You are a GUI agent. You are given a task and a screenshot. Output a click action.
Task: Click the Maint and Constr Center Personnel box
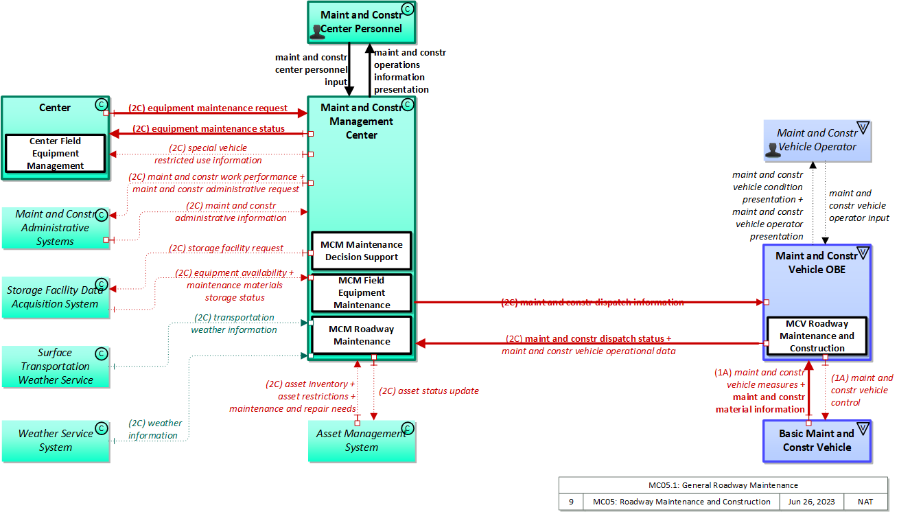coord(361,21)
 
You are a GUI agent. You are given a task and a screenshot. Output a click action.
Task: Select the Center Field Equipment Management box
coord(55,153)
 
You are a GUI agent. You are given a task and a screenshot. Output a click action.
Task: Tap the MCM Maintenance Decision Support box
coord(362,251)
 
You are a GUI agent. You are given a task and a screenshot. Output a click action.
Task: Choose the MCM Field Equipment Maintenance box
coord(362,293)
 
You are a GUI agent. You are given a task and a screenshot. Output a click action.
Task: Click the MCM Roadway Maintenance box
coord(362,335)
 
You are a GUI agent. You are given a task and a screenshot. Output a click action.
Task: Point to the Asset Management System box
coord(362,441)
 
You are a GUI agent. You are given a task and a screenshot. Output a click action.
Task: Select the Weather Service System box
coord(55,441)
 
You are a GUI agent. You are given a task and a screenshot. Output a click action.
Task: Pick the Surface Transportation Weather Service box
coord(55,366)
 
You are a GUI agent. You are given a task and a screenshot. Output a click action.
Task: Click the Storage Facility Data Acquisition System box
coord(55,297)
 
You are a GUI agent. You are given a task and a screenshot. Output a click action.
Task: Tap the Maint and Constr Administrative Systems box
coord(55,228)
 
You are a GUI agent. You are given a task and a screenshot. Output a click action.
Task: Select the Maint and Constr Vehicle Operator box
coord(817,140)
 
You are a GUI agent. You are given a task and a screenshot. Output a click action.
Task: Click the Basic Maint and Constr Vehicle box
coord(817,441)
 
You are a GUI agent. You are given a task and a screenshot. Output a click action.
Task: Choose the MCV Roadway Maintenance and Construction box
coord(817,336)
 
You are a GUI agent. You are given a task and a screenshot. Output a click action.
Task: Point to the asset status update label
coord(429,391)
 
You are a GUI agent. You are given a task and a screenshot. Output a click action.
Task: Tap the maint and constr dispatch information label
coord(592,302)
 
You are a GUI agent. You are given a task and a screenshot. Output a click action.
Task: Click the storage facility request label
coord(226,248)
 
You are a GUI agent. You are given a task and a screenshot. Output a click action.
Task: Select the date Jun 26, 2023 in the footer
coord(811,502)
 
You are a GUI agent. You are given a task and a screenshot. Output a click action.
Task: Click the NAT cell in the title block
coord(865,502)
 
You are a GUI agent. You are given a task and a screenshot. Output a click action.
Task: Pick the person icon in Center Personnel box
coord(316,31)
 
